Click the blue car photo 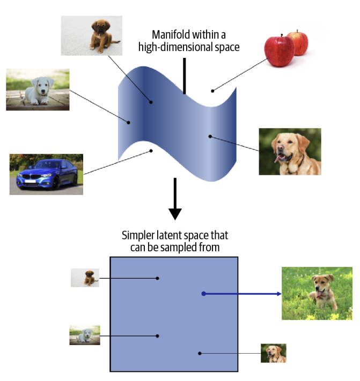point(46,174)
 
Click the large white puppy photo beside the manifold point(38,89)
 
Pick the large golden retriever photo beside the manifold point(290,152)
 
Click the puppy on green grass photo point(317,293)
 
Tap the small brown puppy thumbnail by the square point(85,278)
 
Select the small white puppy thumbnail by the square point(84,335)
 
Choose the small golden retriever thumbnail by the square point(274,353)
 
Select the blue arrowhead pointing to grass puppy point(278,294)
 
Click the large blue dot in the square point(203,294)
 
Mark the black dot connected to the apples point(212,91)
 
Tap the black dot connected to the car point(151,151)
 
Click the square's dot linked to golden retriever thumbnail point(200,353)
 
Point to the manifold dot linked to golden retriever point(210,136)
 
